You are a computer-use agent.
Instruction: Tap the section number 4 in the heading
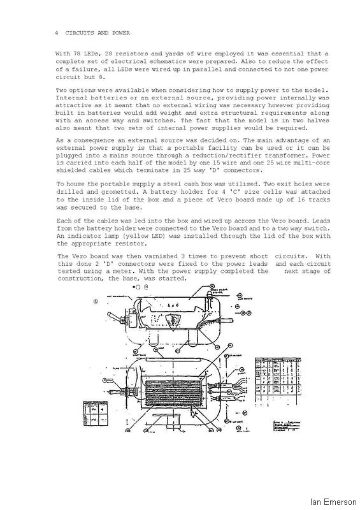(57, 32)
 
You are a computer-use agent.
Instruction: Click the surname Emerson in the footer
(338, 501)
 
